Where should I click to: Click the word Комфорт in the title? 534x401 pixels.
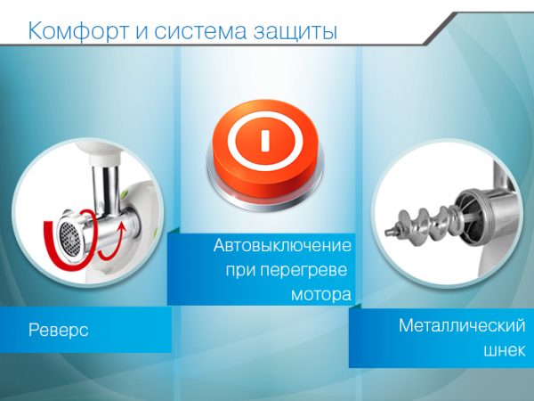[x=78, y=31]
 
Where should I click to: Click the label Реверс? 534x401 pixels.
[x=58, y=331]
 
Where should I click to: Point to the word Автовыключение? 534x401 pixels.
[x=282, y=245]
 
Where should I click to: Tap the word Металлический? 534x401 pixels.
[x=462, y=325]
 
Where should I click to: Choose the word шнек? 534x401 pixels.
[x=505, y=350]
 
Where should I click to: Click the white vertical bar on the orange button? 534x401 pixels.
[x=265, y=140]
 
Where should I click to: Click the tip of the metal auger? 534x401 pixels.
[x=387, y=233]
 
